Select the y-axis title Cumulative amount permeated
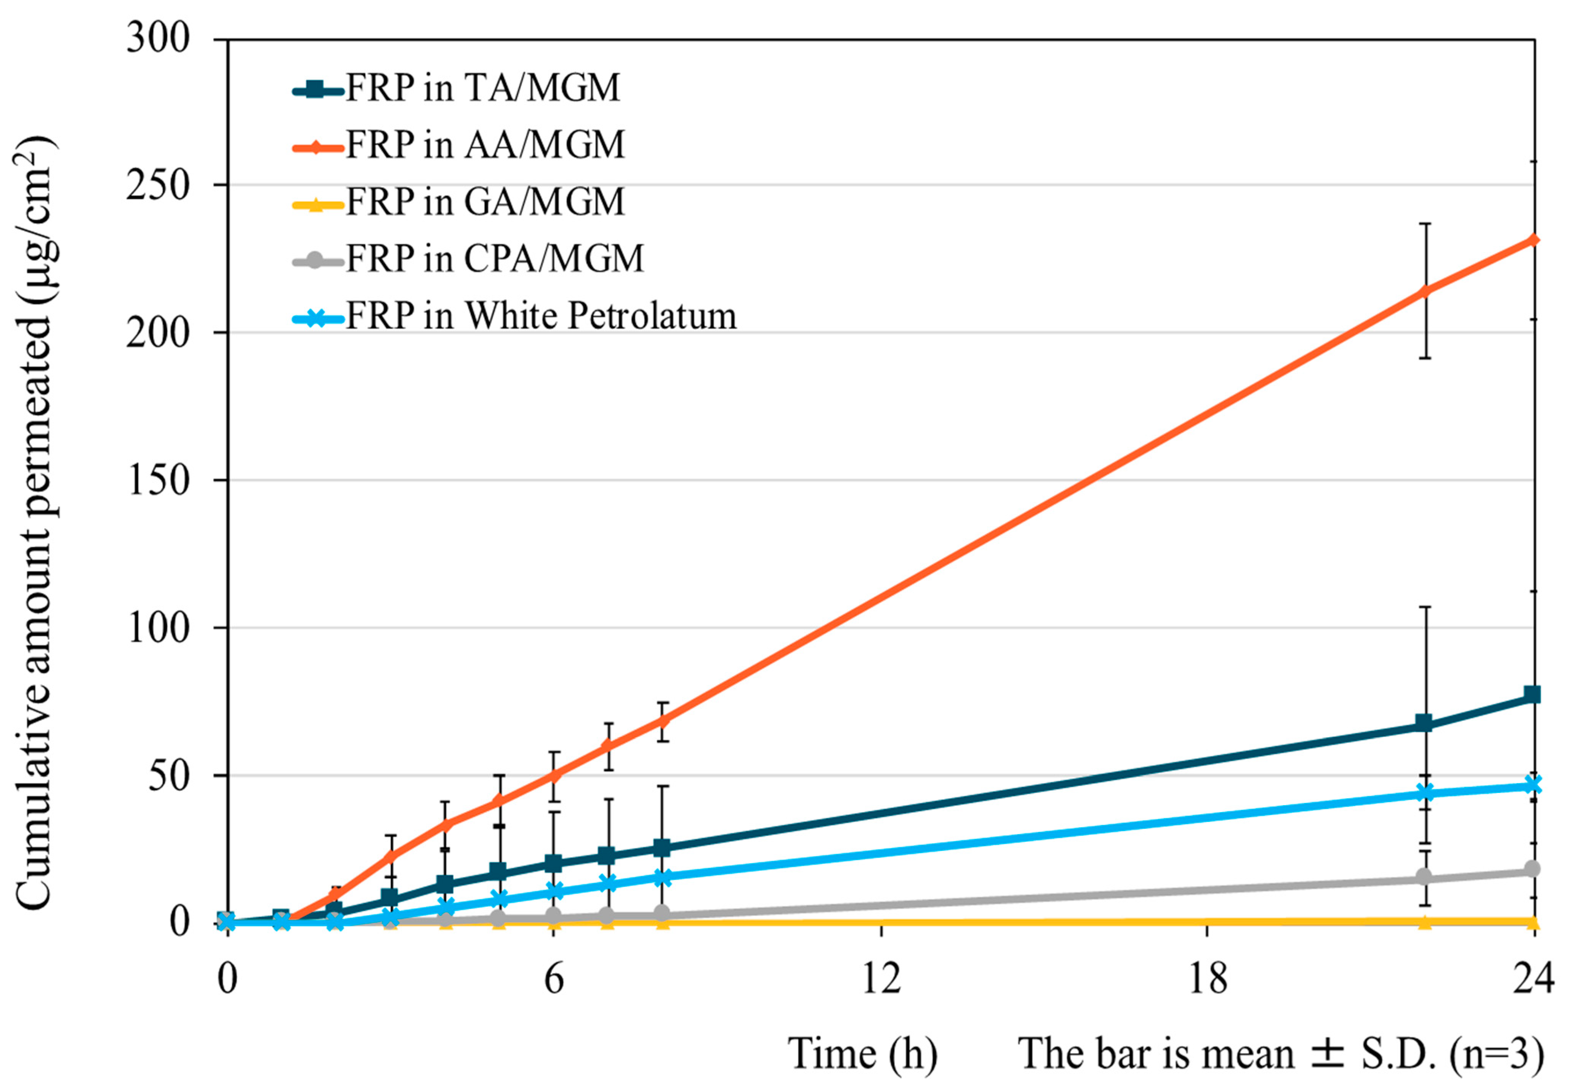click(34, 523)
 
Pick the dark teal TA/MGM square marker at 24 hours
click(1533, 695)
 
